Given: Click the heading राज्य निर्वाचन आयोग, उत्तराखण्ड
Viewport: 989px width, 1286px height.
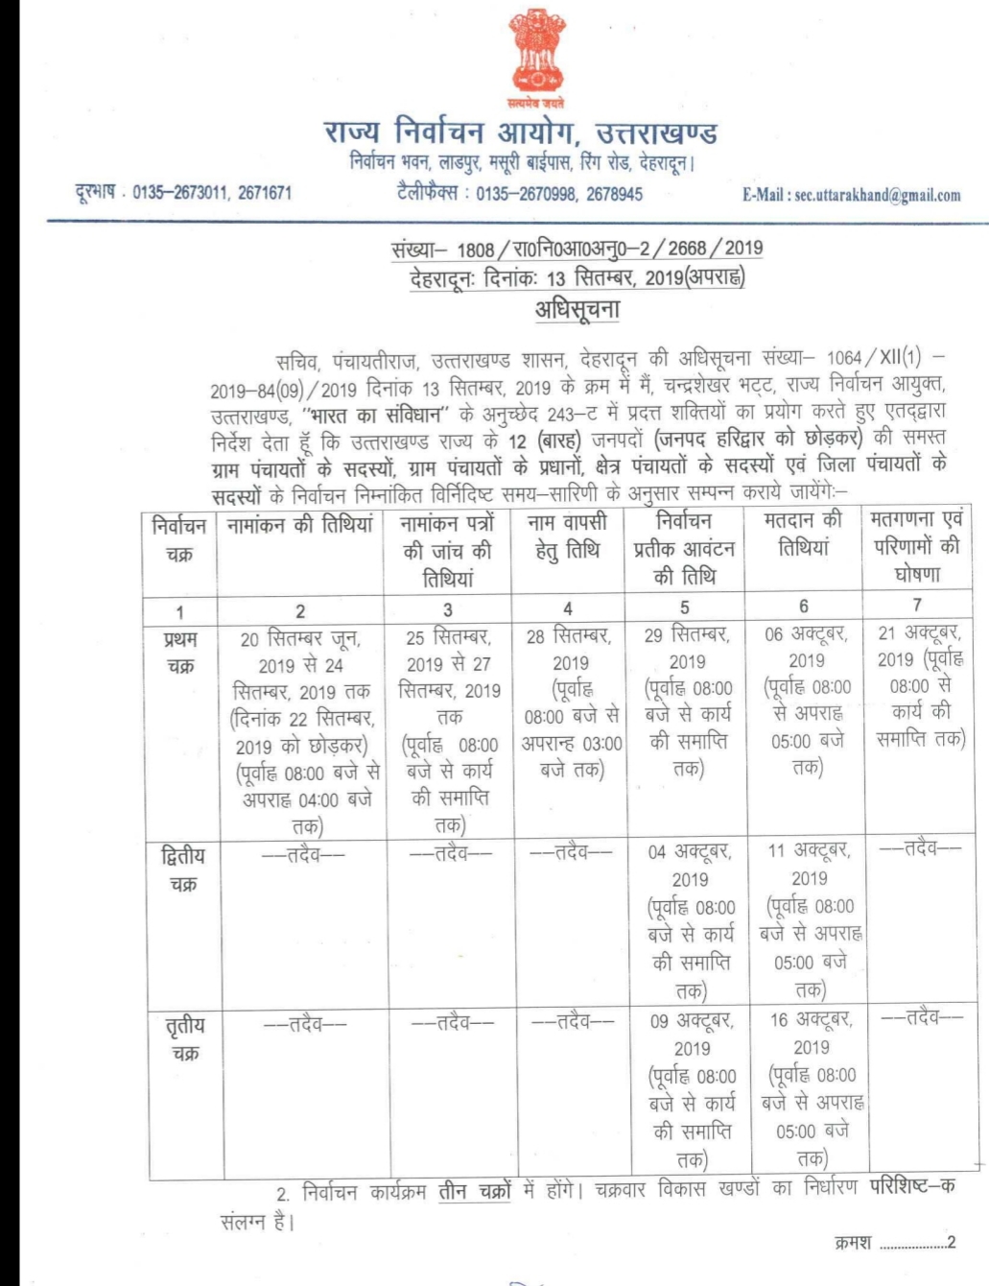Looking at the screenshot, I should [520, 131].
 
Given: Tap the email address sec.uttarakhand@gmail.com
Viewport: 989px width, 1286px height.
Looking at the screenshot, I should [851, 195].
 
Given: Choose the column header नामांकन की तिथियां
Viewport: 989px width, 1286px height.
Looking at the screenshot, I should [299, 526].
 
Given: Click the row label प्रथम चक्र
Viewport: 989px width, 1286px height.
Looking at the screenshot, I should [179, 652].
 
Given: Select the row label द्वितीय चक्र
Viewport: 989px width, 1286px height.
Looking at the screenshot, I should [182, 869].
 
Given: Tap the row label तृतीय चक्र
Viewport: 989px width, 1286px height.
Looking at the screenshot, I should [184, 1038].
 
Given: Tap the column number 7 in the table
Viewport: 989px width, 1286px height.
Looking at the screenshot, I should [917, 606].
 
